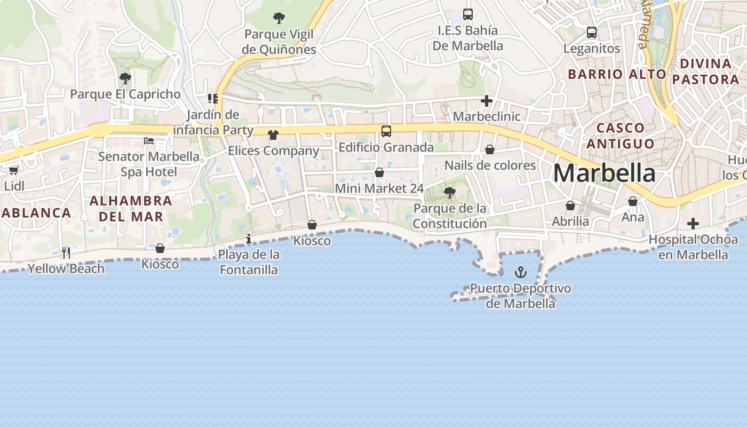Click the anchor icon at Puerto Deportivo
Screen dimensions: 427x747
pyautogui.click(x=520, y=273)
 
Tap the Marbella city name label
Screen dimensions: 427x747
pyautogui.click(x=604, y=173)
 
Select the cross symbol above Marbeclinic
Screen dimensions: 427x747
pyautogui.click(x=486, y=100)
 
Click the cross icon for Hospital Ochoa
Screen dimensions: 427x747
pyautogui.click(x=693, y=224)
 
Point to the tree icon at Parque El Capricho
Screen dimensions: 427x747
pyautogui.click(x=125, y=78)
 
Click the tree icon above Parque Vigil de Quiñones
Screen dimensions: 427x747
pyautogui.click(x=279, y=19)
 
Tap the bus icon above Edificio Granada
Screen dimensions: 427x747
pyautogui.click(x=386, y=131)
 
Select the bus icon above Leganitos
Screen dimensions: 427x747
pyautogui.click(x=592, y=33)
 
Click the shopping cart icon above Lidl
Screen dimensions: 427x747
pyautogui.click(x=13, y=170)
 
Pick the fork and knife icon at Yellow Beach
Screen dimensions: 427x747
pyautogui.click(x=66, y=252)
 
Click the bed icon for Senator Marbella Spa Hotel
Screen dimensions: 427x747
pyautogui.click(x=149, y=140)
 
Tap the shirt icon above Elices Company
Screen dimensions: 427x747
pyautogui.click(x=273, y=135)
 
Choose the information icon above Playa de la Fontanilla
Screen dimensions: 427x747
pyautogui.click(x=249, y=238)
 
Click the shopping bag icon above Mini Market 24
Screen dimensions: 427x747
pyautogui.click(x=379, y=172)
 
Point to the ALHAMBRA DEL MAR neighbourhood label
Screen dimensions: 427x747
pyautogui.click(x=131, y=209)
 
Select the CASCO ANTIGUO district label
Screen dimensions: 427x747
pyautogui.click(x=620, y=136)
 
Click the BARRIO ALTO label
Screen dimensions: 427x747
pyautogui.click(x=617, y=74)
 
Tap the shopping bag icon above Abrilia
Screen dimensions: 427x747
pyautogui.click(x=570, y=205)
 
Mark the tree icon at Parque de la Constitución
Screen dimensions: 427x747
pyautogui.click(x=450, y=192)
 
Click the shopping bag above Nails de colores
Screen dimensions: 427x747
pyautogui.click(x=490, y=149)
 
